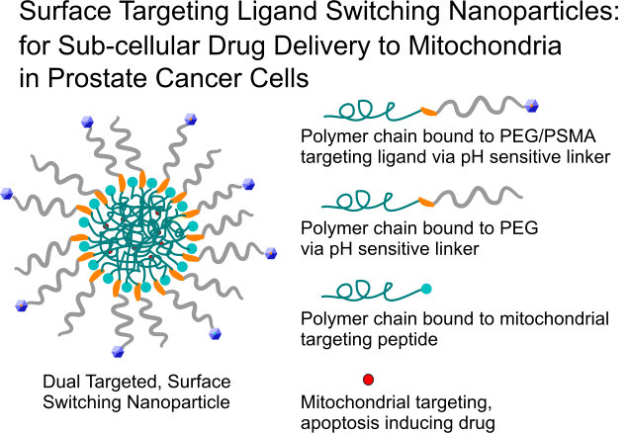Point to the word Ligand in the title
pos(251,14)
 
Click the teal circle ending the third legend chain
pos(426,289)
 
